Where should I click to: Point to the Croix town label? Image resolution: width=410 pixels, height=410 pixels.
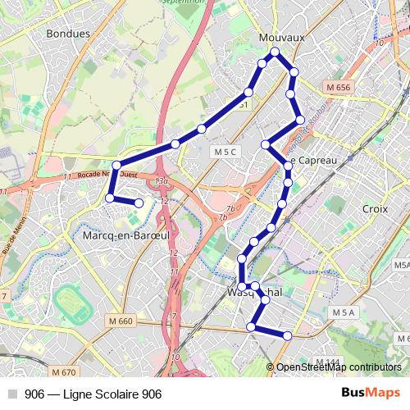click(x=374, y=209)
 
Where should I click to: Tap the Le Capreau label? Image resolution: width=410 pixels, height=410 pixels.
click(x=312, y=160)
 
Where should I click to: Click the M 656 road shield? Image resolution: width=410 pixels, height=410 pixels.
click(x=337, y=88)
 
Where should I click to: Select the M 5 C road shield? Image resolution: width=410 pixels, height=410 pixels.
click(x=224, y=152)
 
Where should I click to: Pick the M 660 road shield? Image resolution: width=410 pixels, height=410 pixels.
click(x=120, y=320)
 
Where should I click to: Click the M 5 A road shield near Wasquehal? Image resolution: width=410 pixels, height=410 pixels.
click(x=344, y=312)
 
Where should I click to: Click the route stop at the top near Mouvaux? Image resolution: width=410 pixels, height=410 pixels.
click(x=276, y=52)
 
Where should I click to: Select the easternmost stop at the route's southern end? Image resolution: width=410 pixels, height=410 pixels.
click(x=288, y=335)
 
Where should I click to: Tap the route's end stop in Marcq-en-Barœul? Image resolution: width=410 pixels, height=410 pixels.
click(x=139, y=203)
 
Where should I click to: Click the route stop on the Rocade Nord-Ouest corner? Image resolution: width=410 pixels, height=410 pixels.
click(x=116, y=165)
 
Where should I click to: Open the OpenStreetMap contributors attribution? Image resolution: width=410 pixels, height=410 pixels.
click(x=339, y=367)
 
